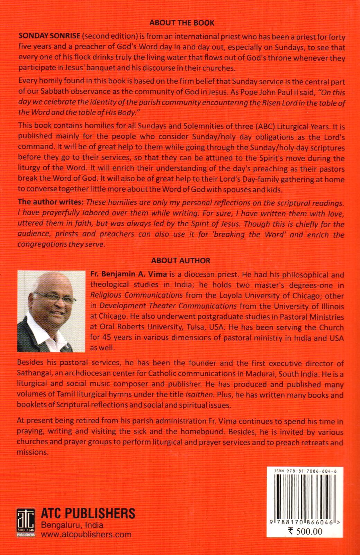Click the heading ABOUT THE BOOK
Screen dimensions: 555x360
182,23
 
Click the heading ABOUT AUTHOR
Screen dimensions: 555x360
181,260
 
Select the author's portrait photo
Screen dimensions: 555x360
51,311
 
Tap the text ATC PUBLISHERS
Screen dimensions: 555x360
88,513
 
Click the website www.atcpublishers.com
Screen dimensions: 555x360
86,534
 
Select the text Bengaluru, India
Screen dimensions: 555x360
71,525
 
